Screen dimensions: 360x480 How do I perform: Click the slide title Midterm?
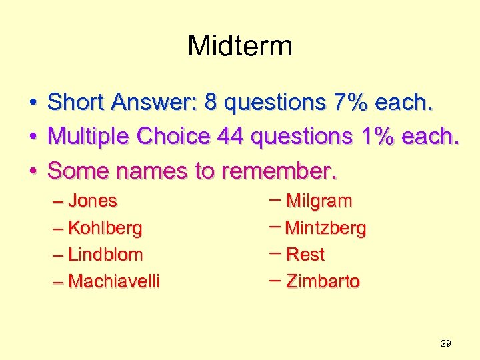click(x=240, y=46)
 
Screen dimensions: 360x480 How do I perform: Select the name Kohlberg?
click(x=105, y=228)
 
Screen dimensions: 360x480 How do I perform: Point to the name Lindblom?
click(x=105, y=255)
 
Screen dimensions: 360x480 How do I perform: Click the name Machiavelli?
click(x=114, y=281)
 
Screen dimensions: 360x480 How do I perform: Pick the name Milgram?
click(x=319, y=201)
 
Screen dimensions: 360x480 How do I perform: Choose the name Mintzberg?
click(x=325, y=228)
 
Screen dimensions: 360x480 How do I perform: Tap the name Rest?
click(x=305, y=255)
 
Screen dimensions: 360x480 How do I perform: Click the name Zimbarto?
click(x=323, y=281)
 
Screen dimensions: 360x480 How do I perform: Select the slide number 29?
click(x=446, y=343)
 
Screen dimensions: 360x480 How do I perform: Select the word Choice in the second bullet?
click(x=173, y=137)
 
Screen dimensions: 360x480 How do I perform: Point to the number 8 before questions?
click(x=211, y=103)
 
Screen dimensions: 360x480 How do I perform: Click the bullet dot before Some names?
click(x=32, y=171)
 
